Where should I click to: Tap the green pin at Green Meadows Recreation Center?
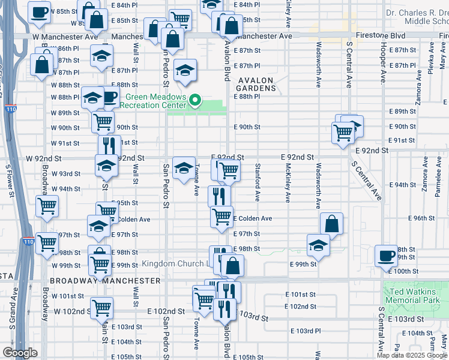[x=194, y=100]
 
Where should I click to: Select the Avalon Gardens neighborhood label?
[x=256, y=84]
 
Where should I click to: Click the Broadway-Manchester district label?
[x=105, y=281]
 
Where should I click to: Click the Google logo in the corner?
[x=20, y=353]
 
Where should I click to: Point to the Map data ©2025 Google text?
[x=412, y=355]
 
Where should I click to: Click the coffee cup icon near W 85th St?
[x=39, y=12]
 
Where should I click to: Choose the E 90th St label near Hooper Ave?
[x=402, y=127]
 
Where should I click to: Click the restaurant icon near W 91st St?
[x=109, y=145]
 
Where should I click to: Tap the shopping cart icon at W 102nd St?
[x=102, y=308]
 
